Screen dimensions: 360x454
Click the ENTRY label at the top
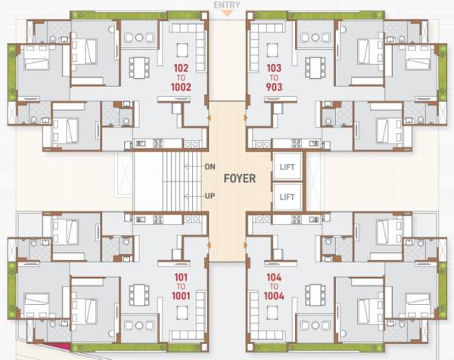click(x=227, y=5)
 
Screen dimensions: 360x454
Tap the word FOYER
click(x=239, y=179)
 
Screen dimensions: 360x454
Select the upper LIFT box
click(x=288, y=166)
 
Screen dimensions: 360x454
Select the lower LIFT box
click(x=288, y=196)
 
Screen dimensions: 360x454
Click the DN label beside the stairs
click(x=210, y=166)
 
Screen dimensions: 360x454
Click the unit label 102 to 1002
click(x=181, y=78)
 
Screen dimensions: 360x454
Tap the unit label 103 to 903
click(x=274, y=78)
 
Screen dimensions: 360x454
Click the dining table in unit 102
click(x=138, y=67)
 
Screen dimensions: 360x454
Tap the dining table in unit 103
click(x=316, y=67)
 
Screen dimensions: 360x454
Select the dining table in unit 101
click(x=138, y=293)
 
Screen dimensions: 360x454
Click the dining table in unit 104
click(x=316, y=293)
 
